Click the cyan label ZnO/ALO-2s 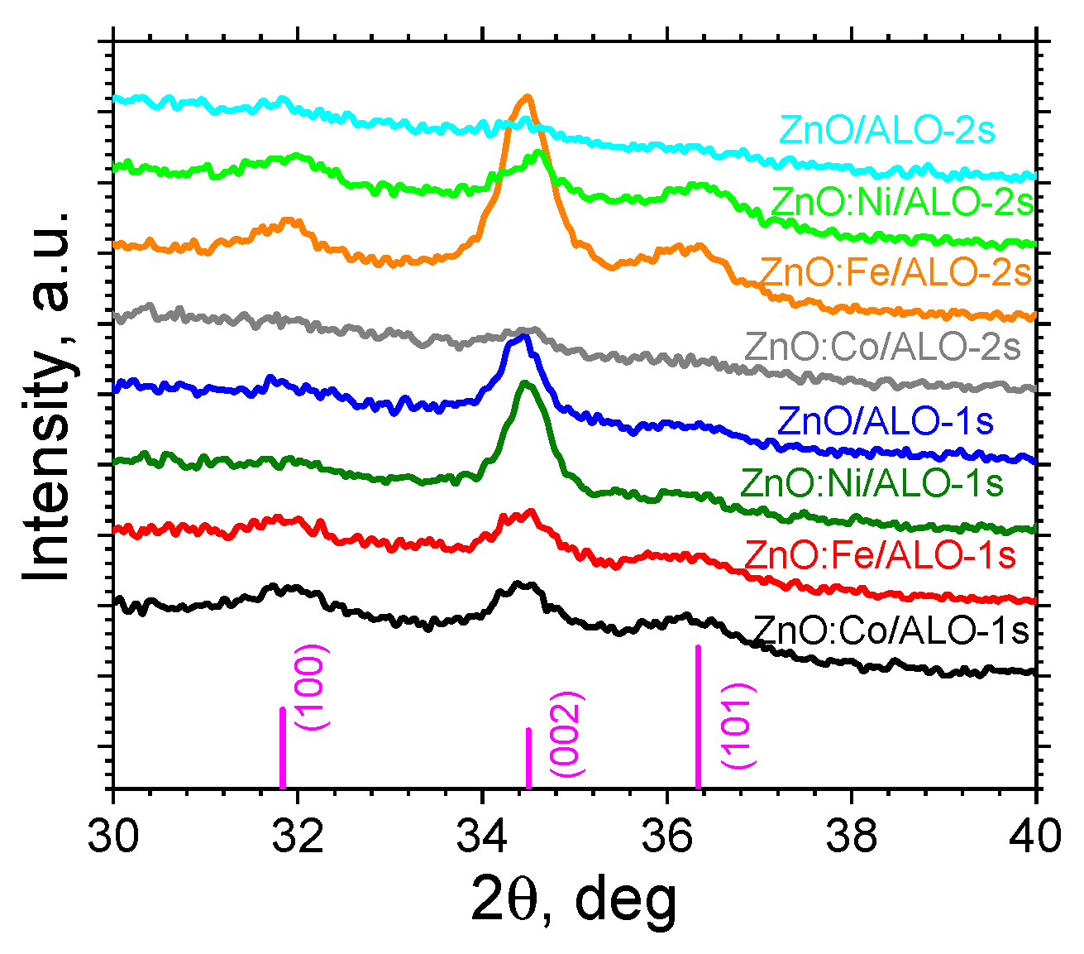pos(887,131)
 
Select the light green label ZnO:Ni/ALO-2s pos(902,202)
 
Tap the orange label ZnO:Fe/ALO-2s pos(895,272)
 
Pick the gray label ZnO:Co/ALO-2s pos(883,347)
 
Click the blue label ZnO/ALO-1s pos(886,420)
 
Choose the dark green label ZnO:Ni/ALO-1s pos(872,482)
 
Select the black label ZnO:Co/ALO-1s pos(891,631)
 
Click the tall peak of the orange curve pos(526,98)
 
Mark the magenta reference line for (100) pos(283,749)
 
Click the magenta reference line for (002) pos(528,758)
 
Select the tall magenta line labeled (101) pos(699,717)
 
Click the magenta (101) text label pos(736,726)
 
